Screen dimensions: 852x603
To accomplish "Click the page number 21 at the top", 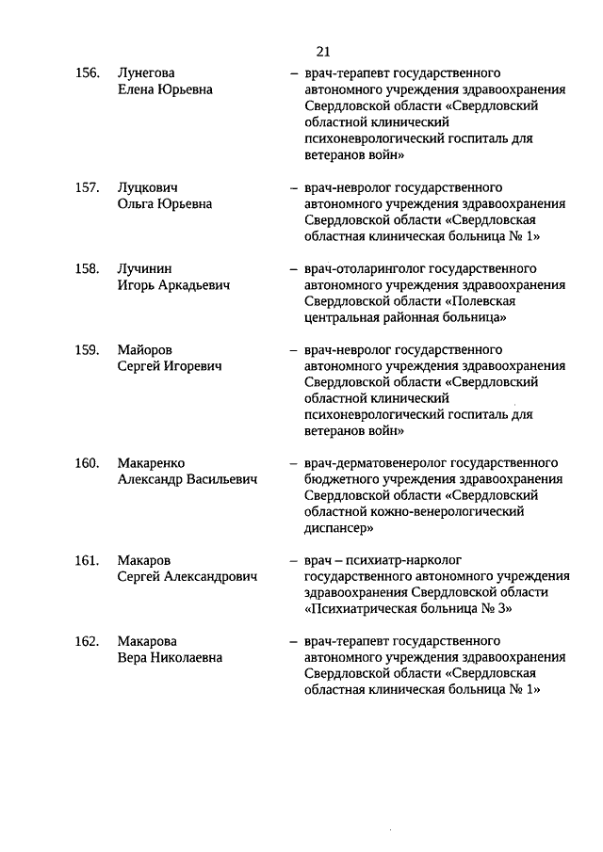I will click(325, 51).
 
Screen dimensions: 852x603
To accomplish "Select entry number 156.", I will click(88, 72).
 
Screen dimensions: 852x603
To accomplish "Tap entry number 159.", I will click(88, 350).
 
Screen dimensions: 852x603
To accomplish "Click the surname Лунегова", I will click(147, 72).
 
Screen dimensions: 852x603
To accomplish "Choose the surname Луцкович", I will click(148, 187).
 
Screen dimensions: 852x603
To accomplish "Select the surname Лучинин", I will click(145, 268).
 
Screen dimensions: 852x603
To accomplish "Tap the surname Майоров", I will click(145, 350).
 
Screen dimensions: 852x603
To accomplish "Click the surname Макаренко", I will click(152, 463).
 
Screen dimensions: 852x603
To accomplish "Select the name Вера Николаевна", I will click(170, 658).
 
